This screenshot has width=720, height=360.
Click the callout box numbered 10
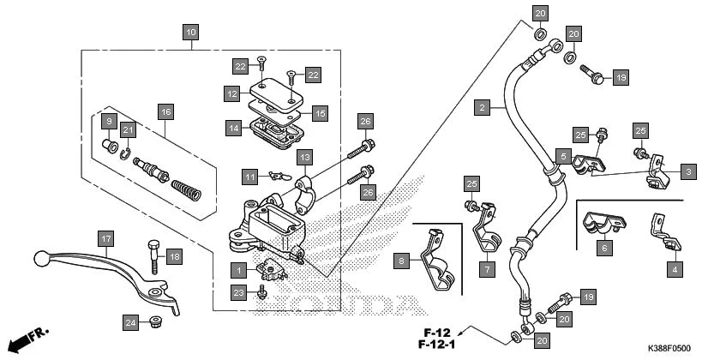(x=190, y=33)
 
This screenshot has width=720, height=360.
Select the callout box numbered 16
(x=165, y=111)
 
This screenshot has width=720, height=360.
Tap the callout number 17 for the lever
(x=105, y=238)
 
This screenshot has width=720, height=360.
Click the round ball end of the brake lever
(x=39, y=256)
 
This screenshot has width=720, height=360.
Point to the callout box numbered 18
(x=174, y=256)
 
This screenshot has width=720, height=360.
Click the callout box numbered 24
(x=129, y=322)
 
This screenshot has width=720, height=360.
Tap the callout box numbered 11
(x=249, y=177)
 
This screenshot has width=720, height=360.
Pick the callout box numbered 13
(x=303, y=158)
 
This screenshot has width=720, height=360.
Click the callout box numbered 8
(x=401, y=259)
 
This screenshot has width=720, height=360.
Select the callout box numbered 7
(x=486, y=269)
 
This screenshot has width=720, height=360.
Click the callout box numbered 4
(x=675, y=269)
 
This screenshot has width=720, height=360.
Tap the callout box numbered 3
(x=688, y=172)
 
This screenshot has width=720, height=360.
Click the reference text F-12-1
(x=435, y=345)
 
